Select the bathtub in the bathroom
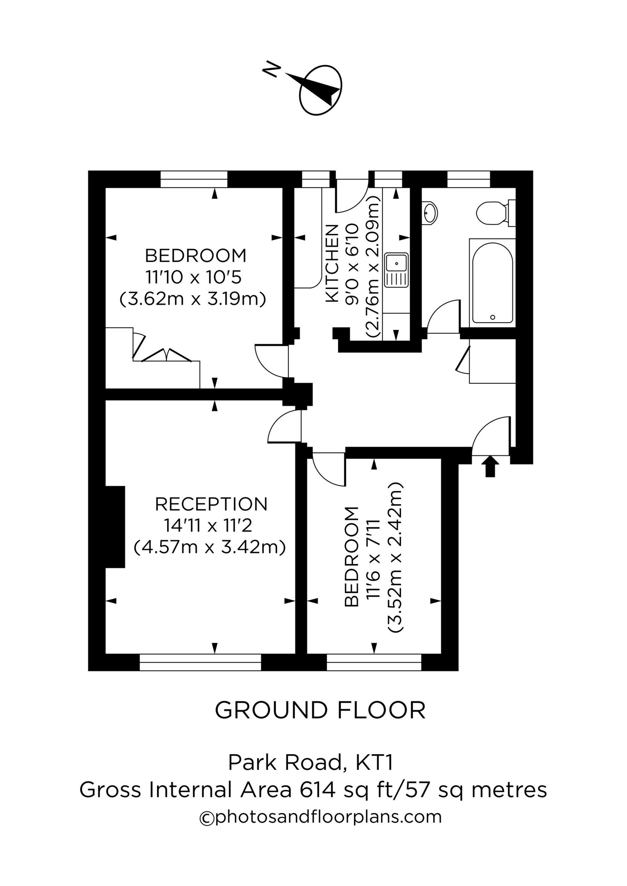pyautogui.click(x=492, y=283)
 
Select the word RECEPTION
pyautogui.click(x=211, y=504)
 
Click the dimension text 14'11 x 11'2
pyautogui.click(x=211, y=525)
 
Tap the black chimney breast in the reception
pyautogui.click(x=115, y=527)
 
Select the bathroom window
pyautogui.click(x=469, y=179)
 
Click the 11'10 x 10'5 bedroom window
pyautogui.click(x=194, y=179)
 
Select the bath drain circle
pyautogui.click(x=492, y=317)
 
